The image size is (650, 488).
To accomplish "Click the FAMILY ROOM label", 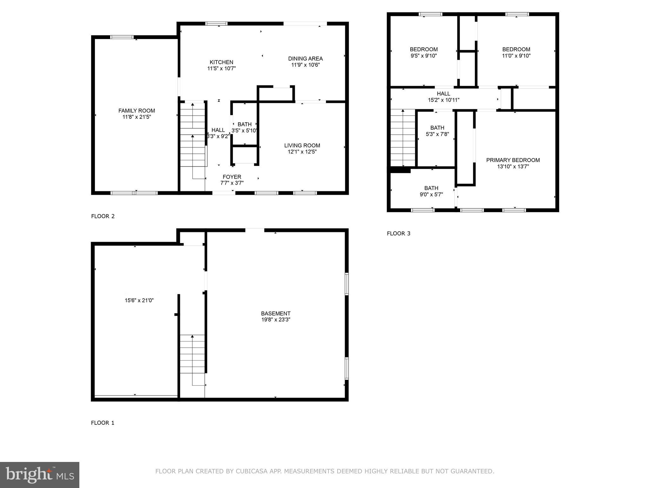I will (136, 111).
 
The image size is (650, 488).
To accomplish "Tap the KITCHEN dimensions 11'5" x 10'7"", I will (222, 68).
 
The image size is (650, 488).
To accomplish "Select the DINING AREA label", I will (305, 58).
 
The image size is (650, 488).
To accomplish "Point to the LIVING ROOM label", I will (302, 146).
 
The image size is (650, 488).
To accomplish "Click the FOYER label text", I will (232, 177).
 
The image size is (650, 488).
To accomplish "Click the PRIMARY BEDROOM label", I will (513, 160).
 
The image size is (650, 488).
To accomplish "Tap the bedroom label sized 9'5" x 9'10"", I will (424, 49).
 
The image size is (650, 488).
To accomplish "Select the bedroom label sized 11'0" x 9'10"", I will (516, 49).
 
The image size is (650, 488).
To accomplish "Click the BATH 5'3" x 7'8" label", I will (437, 128).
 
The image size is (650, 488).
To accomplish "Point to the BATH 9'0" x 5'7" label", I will (431, 188).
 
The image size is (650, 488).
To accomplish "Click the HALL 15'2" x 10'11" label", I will (443, 94).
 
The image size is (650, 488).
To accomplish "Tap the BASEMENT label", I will (275, 314).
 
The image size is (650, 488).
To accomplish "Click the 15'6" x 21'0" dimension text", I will (139, 300).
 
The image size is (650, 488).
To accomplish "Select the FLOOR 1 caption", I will (103, 423).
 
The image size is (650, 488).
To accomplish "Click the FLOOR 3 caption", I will (398, 234).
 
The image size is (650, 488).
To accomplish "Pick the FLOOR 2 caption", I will (103, 216).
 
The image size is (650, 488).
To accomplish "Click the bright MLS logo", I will (39, 475).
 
